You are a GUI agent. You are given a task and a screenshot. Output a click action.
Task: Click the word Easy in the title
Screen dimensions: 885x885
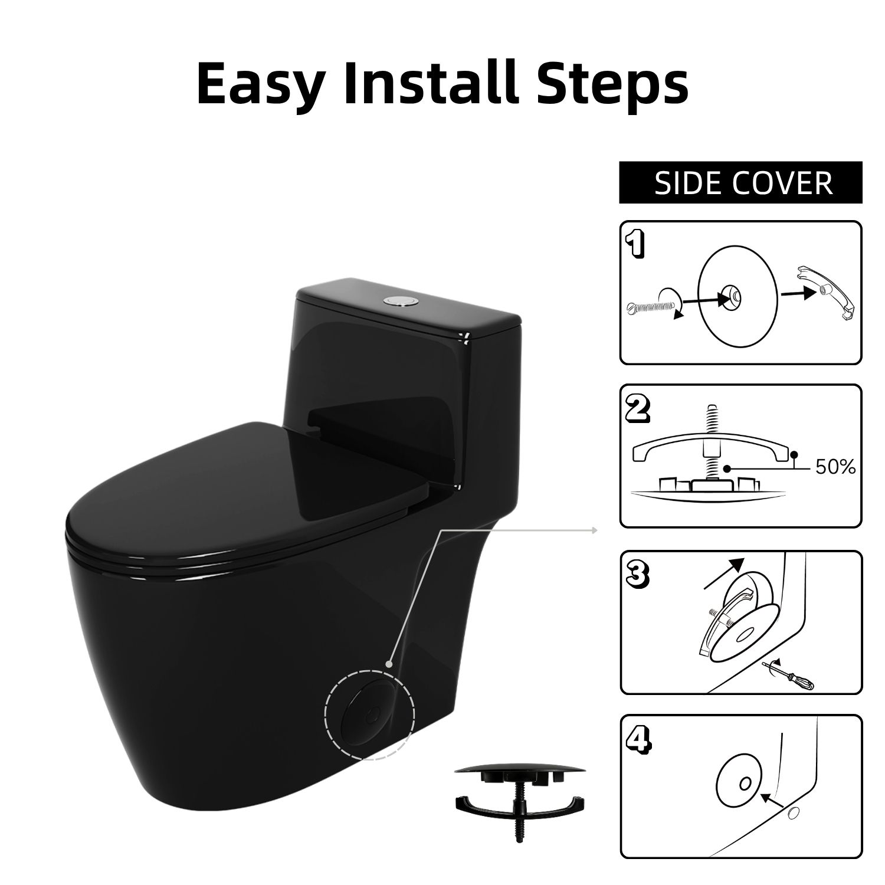click(x=260, y=84)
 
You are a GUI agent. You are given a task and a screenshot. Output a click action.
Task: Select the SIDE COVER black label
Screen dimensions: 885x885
click(x=740, y=183)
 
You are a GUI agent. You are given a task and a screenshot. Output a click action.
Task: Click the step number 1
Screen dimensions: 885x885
click(x=635, y=244)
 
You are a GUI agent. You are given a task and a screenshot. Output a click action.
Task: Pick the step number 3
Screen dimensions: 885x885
click(x=637, y=574)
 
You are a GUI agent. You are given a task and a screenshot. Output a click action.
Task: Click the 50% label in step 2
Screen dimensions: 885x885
click(x=835, y=468)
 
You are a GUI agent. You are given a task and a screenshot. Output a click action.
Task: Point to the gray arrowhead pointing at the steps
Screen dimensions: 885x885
click(x=594, y=530)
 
